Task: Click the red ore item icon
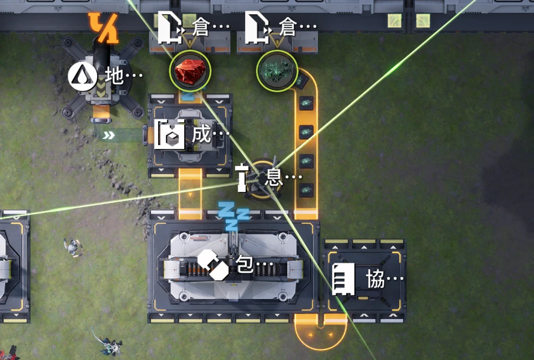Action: pyautogui.click(x=190, y=71)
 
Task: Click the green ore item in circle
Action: pyautogui.click(x=277, y=71)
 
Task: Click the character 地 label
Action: pyautogui.click(x=114, y=76)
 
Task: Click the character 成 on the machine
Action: pyautogui.click(x=201, y=134)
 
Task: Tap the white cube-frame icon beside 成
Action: pyautogui.click(x=170, y=134)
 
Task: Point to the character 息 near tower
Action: pyautogui.click(x=274, y=177)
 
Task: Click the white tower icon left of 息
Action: pyautogui.click(x=242, y=177)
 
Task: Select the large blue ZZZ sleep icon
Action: pyautogui.click(x=233, y=216)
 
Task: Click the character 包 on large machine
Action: pyautogui.click(x=245, y=264)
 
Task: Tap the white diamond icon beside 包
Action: pyautogui.click(x=213, y=264)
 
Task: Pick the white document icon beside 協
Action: pyautogui.click(x=343, y=279)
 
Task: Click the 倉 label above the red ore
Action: pyautogui.click(x=200, y=27)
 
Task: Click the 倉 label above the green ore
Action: pyautogui.click(x=287, y=27)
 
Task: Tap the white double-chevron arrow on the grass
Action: pyautogui.click(x=108, y=136)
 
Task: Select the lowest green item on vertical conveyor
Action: pyautogui.click(x=306, y=190)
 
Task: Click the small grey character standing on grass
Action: pyautogui.click(x=73, y=248)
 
